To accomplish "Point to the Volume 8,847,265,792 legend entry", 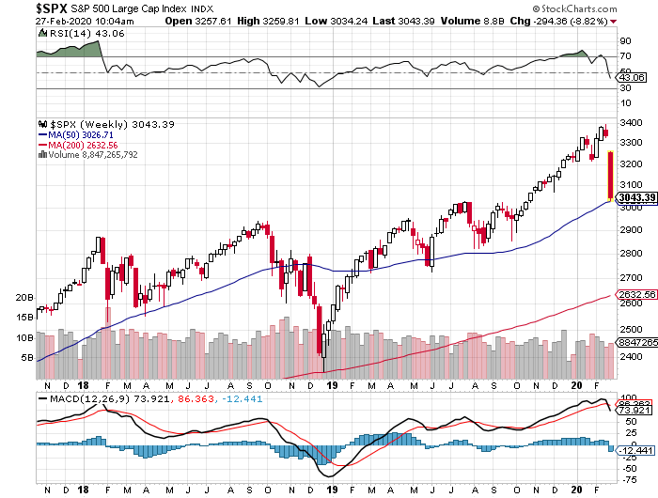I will point(90,155).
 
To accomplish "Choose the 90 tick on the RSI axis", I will point(623,42).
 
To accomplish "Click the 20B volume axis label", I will point(24,297).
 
